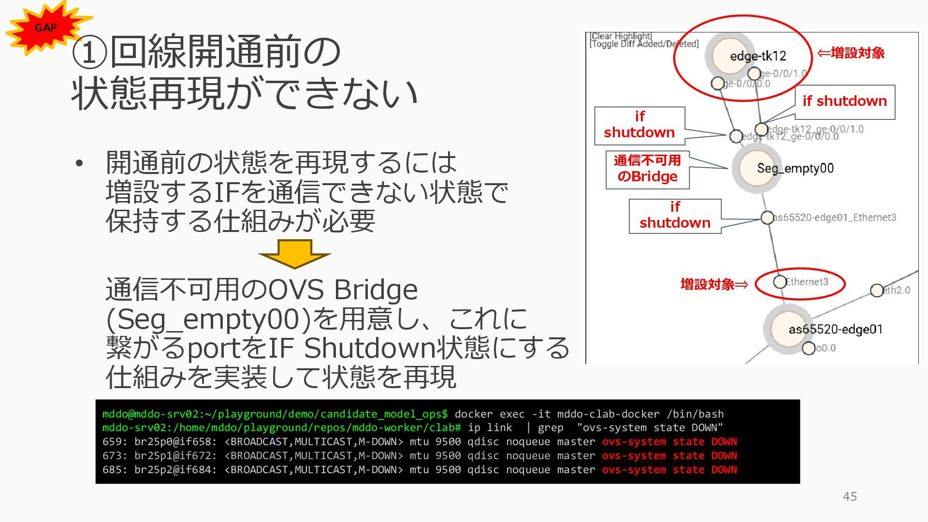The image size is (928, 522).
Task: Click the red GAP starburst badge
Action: coord(46,28)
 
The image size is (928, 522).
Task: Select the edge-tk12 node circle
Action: coord(730,56)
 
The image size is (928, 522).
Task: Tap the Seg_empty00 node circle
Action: coord(757,168)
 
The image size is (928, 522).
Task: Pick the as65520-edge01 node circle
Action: coord(788,329)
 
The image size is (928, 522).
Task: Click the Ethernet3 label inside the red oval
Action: coord(807,282)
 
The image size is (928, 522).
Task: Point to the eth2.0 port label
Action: coord(897,290)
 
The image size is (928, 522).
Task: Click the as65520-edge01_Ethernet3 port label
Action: coord(835,217)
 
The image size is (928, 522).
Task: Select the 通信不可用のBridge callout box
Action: coord(647,169)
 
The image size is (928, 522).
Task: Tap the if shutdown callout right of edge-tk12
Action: coord(844,101)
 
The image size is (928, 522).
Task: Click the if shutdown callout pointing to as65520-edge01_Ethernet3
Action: coord(675,216)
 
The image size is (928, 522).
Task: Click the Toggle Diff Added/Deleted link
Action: coord(644,44)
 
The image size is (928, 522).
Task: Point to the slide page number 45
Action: coord(850,496)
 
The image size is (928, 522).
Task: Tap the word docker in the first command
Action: coord(474,414)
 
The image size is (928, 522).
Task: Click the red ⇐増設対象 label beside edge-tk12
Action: coord(851,53)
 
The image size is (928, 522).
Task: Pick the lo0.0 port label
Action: coord(825,348)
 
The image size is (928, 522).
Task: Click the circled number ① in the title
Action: coord(89,52)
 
